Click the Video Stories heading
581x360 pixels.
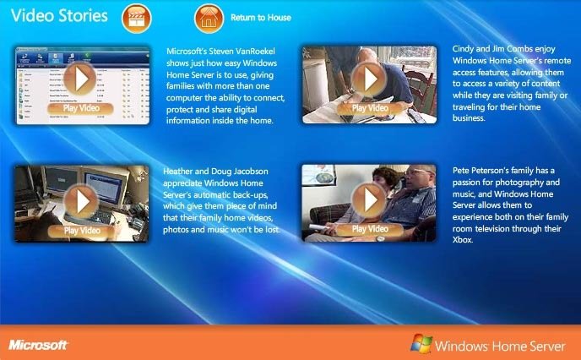[x=59, y=16]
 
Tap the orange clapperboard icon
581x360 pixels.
[x=137, y=18]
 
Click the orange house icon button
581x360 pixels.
[x=209, y=18]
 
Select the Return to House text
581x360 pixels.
[x=261, y=18]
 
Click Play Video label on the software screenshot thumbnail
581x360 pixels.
[x=81, y=108]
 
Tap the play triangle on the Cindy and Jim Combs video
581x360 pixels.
[x=370, y=79]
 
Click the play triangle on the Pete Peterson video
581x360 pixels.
[x=370, y=200]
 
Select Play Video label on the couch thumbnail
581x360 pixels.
[x=370, y=229]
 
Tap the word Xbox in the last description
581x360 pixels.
[x=463, y=240]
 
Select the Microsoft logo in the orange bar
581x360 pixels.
[x=38, y=345]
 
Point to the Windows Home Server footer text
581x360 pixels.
[x=500, y=346]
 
